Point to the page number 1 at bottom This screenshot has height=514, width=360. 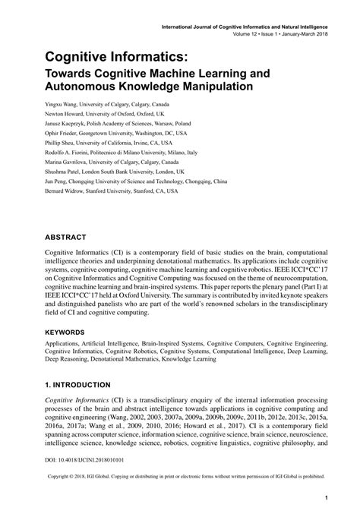pyautogui.click(x=326, y=500)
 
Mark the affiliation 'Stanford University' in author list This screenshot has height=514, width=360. pyautogui.click(x=116, y=192)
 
